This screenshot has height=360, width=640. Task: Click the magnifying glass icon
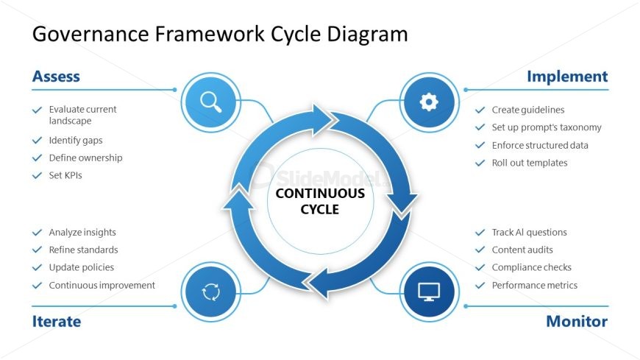pos(211,102)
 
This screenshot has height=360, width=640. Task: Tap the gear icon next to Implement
pos(429,102)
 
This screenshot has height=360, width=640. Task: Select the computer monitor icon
pos(429,292)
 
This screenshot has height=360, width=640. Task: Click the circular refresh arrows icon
pos(211,292)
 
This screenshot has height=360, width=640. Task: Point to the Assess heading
pos(57,77)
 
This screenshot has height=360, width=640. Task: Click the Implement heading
pos(567,77)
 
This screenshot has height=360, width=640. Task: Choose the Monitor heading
pos(577,321)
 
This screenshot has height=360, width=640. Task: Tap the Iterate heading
pos(57,321)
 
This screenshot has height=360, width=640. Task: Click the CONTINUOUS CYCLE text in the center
pos(320,201)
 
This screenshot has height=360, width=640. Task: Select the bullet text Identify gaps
pos(76,140)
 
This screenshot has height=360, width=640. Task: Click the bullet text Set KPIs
pos(65,175)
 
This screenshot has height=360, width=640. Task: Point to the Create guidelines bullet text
pos(527,110)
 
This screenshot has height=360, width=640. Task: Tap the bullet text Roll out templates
pos(530,163)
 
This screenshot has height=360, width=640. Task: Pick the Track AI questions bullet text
pos(529,232)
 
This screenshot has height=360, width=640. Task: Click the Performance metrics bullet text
pos(534,285)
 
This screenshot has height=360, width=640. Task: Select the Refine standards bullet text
pos(83,250)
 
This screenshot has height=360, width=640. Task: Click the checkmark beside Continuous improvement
pos(37,285)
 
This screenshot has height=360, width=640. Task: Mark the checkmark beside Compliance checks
pos(480,268)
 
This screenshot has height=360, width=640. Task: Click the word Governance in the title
pos(90,34)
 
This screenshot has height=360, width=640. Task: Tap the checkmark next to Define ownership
pos(37,158)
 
